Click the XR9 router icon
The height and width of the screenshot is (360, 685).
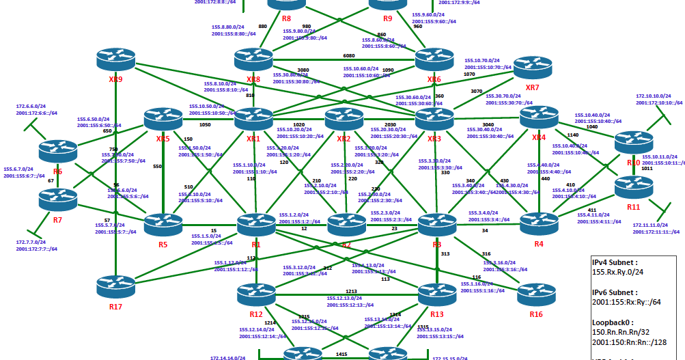(116, 59)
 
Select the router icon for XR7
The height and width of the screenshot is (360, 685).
(532, 68)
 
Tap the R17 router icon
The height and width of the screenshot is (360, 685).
(116, 287)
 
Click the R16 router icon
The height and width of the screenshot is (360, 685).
(536, 294)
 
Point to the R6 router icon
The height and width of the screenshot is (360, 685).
(58, 150)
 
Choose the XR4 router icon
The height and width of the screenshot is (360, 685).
(539, 117)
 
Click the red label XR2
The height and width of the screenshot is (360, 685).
(344, 139)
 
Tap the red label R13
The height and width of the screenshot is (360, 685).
(436, 314)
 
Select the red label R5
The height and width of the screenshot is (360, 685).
(163, 244)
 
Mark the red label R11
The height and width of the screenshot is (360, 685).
(633, 206)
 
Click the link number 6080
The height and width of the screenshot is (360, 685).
(348, 56)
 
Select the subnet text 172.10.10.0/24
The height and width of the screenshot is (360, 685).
(656, 96)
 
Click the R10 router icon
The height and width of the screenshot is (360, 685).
(633, 142)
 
